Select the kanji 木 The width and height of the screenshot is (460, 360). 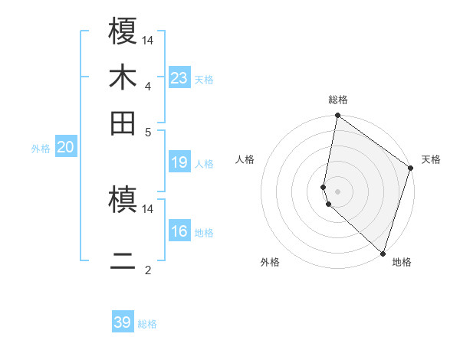pyautogui.click(x=123, y=77)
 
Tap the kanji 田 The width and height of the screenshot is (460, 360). pyautogui.click(x=123, y=123)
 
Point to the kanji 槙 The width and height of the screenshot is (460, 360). pyautogui.click(x=123, y=200)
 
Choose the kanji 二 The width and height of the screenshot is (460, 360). pyautogui.click(x=123, y=261)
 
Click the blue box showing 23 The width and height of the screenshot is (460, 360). pyautogui.click(x=179, y=77)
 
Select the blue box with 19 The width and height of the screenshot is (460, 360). pyautogui.click(x=179, y=162)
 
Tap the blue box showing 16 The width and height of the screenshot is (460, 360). pyautogui.click(x=179, y=231)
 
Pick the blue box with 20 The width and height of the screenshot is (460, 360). pyautogui.click(x=65, y=148)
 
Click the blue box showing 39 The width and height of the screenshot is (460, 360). pyautogui.click(x=123, y=322)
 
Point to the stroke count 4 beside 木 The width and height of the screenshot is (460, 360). pyautogui.click(x=147, y=86)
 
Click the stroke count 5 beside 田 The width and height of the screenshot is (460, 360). pyautogui.click(x=147, y=131)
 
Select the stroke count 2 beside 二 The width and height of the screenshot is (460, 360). pyautogui.click(x=147, y=270)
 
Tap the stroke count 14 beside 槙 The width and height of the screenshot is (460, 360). pyautogui.click(x=147, y=208)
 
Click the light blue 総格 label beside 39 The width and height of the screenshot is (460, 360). pyautogui.click(x=147, y=324)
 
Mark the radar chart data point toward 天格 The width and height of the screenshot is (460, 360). pyautogui.click(x=411, y=169)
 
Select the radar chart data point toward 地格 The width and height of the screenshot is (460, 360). pyautogui.click(x=383, y=253)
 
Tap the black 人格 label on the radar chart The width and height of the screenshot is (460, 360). pyautogui.click(x=245, y=159)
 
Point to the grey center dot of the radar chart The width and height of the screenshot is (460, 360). pyautogui.click(x=337, y=191)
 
